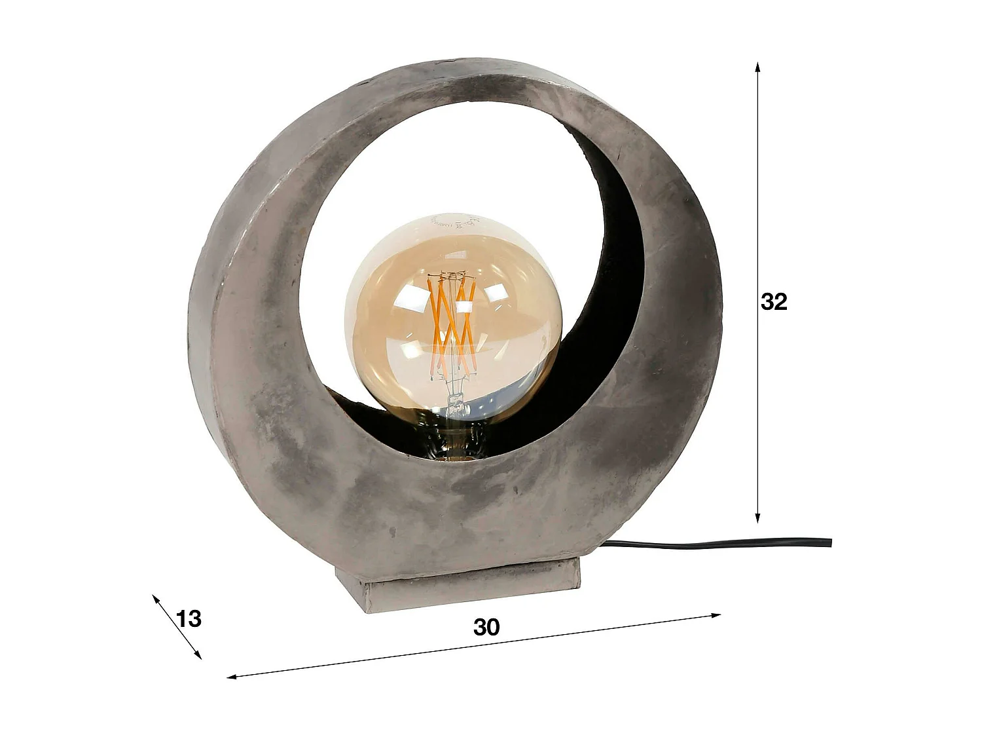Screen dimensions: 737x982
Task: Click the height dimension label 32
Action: point(774,302)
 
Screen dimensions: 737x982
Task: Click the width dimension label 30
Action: point(486,627)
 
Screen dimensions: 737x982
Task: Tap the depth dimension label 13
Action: point(189,618)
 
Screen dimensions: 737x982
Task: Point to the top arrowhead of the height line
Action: point(757,66)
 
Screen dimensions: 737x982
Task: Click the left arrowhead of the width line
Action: point(231,676)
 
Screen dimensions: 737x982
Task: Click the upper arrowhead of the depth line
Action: point(155,597)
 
